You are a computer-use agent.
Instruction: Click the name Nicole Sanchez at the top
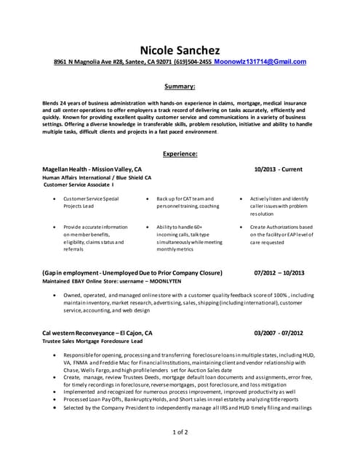180,49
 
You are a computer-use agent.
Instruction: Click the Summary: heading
180,86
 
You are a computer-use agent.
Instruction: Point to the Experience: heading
180,154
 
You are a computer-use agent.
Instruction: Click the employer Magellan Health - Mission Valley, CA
92,169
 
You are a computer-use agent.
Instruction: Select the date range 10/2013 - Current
278,169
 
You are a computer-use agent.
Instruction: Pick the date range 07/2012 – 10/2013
279,272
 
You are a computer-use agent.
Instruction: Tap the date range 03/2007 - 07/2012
279,333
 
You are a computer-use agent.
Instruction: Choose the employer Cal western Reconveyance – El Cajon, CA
97,333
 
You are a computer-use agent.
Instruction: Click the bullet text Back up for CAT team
185,198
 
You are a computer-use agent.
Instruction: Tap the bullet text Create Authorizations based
281,227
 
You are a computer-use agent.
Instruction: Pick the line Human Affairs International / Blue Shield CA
97,177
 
